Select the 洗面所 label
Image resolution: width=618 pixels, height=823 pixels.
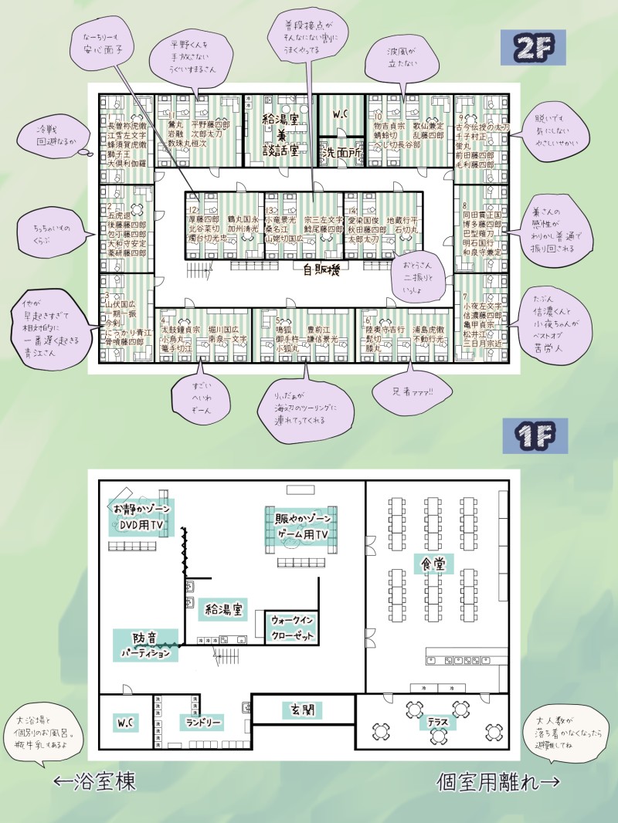pos(341,152)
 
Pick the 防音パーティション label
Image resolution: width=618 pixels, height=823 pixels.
pos(145,646)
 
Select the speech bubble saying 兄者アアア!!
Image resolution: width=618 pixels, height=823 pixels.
pos(413,392)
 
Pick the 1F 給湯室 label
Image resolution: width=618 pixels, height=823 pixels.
pos(224,610)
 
